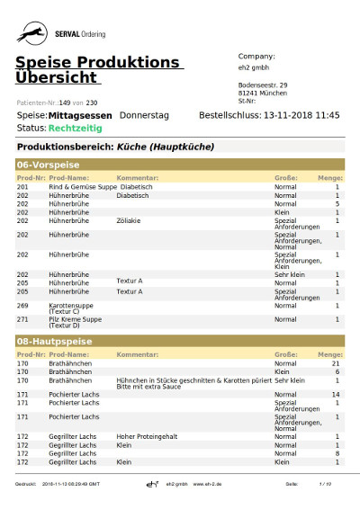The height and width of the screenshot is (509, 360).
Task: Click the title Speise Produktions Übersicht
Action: point(98,69)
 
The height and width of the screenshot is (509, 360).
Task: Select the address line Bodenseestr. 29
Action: point(265,85)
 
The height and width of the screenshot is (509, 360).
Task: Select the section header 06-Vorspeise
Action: point(49,165)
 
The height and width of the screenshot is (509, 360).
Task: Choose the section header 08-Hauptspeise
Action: point(53,343)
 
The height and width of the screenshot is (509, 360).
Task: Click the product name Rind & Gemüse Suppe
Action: point(82,187)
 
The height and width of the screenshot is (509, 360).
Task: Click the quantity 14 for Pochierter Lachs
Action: point(335,394)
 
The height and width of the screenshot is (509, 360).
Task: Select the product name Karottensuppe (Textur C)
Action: point(69,308)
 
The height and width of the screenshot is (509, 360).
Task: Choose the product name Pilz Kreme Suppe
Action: point(75,319)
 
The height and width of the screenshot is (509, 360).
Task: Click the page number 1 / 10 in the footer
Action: point(325,485)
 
